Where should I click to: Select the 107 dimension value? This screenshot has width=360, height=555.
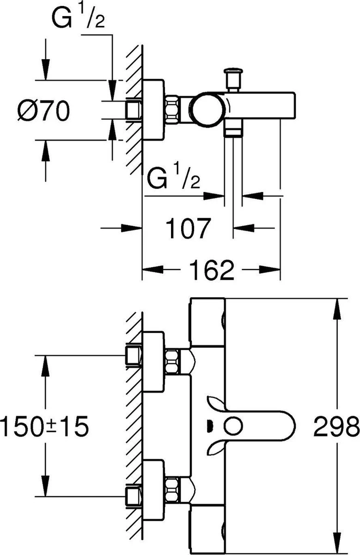(188, 228)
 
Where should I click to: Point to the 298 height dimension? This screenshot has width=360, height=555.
(336, 426)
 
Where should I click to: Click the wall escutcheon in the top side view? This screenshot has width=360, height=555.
(153, 110)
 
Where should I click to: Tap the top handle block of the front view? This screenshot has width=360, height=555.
(207, 322)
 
